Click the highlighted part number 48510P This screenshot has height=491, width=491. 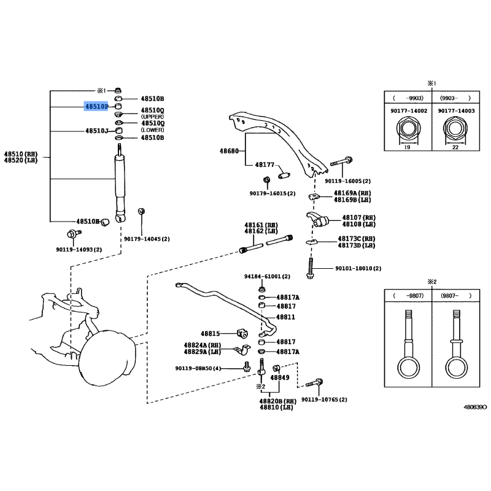[96, 106]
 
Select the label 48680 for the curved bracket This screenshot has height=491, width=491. [229, 151]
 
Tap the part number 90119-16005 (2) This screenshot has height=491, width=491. [347, 181]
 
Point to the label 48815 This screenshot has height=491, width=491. [210, 333]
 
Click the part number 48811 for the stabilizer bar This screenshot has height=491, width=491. [285, 317]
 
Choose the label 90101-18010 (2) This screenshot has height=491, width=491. [358, 268]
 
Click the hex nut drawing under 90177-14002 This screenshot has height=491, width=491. [408, 129]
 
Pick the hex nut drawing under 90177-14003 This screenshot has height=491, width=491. [455, 129]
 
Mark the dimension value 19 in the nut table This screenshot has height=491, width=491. [407, 147]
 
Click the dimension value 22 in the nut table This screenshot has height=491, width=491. [455, 147]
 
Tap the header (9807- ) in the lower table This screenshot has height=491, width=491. [455, 296]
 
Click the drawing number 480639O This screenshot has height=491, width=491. [475, 407]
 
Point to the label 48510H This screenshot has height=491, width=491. [88, 222]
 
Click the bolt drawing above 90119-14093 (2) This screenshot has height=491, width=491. [74, 234]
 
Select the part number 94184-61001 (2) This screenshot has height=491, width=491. [267, 277]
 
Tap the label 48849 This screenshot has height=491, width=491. [280, 377]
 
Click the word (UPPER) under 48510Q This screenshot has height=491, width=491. [152, 117]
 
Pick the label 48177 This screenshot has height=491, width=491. [265, 164]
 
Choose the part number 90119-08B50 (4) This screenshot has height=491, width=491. [198, 369]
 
